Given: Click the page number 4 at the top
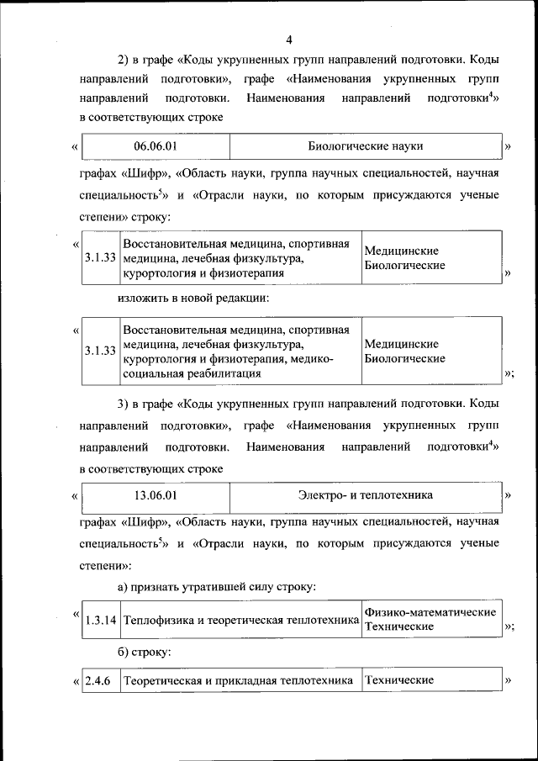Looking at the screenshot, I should tap(288, 40).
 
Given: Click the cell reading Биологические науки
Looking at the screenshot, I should tap(365, 146).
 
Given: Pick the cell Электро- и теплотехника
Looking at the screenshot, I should tap(365, 495).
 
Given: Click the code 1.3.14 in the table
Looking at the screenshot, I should tap(100, 621).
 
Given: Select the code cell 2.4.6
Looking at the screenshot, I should tap(98, 679).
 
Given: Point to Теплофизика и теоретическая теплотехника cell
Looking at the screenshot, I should tap(240, 621).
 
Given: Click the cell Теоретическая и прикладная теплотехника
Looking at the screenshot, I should tap(238, 679).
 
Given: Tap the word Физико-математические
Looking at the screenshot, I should tap(430, 612).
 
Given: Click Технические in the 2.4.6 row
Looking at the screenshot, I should tap(398, 679).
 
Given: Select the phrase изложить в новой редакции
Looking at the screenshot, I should tap(193, 298).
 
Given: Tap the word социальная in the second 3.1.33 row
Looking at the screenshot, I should tap(150, 373).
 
